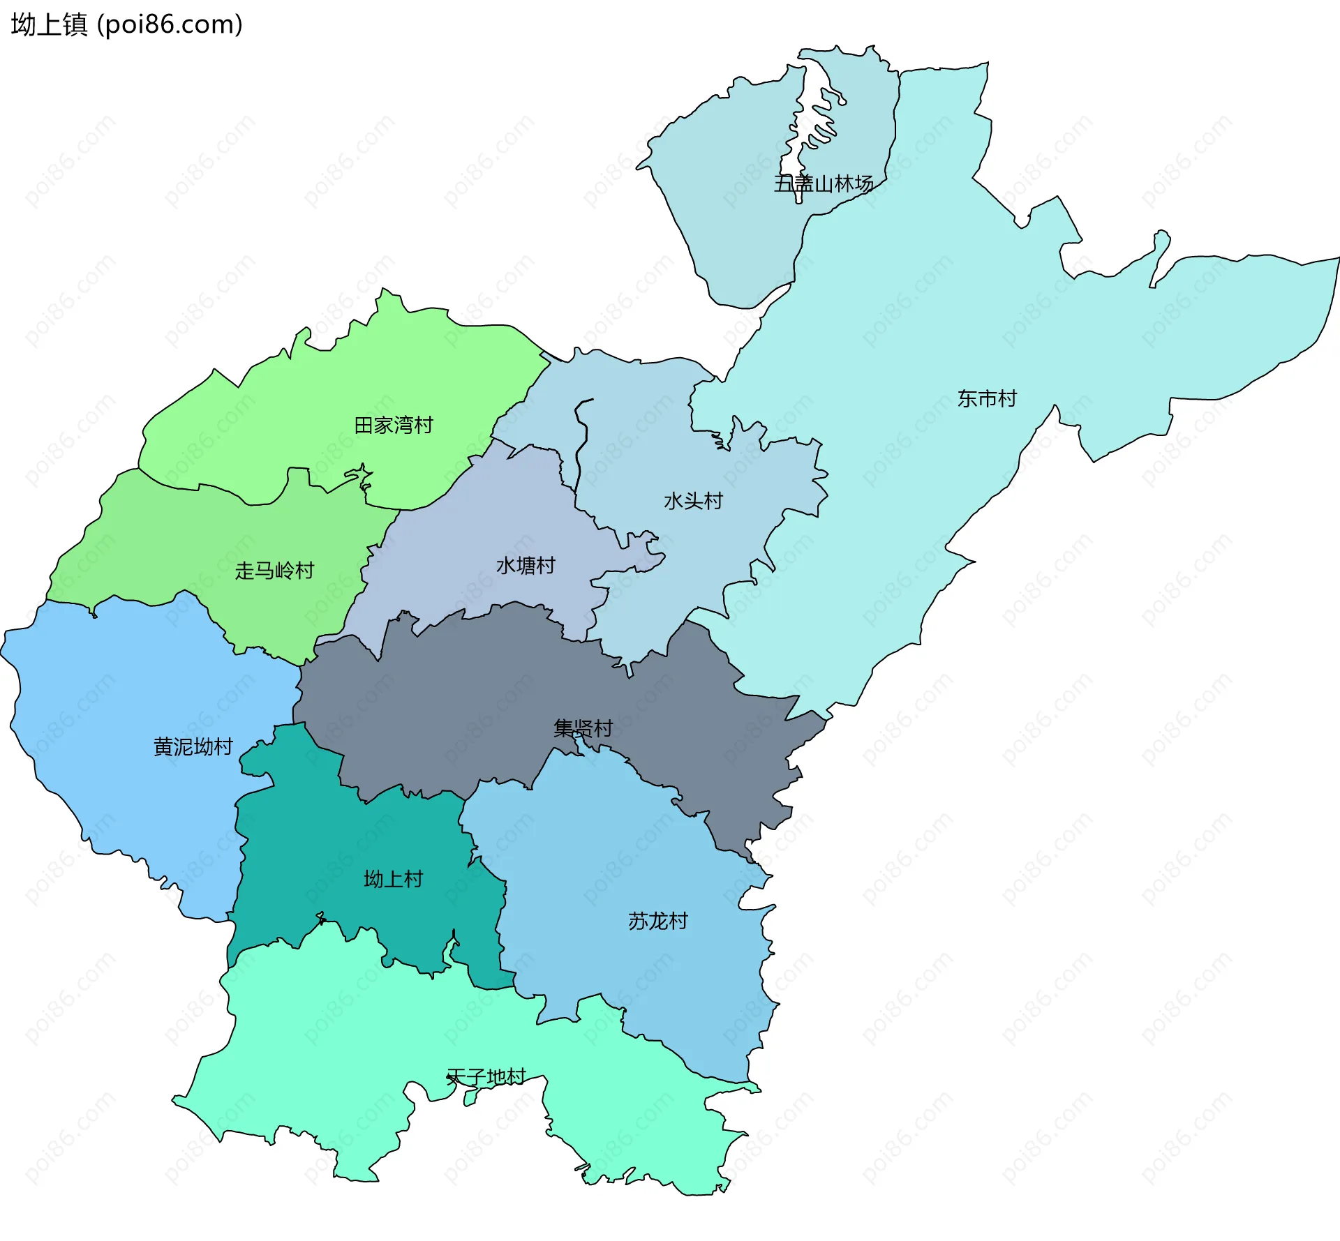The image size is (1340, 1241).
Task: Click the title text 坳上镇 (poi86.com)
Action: (x=126, y=24)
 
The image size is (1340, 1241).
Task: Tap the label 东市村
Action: (x=987, y=398)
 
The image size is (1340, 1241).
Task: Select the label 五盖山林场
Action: (x=824, y=183)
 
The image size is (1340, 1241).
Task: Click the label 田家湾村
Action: (x=394, y=425)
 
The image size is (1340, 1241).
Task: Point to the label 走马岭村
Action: (x=274, y=571)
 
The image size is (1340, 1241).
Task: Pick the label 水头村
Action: (x=693, y=501)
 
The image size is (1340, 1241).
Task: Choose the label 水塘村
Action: (x=526, y=565)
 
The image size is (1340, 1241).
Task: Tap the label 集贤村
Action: (x=583, y=728)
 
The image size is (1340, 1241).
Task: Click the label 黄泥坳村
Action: (x=193, y=746)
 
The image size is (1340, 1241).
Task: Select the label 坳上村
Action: (x=393, y=879)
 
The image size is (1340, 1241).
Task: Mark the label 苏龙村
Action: (x=657, y=921)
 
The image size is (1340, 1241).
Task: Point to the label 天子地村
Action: (x=486, y=1076)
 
